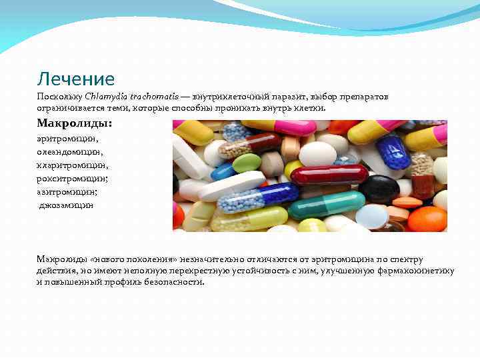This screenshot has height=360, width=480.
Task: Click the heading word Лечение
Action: (x=76, y=79)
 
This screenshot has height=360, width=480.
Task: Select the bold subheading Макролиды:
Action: (x=75, y=124)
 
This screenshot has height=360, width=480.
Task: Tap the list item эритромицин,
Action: (x=67, y=139)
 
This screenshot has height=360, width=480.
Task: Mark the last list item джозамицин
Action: (x=66, y=205)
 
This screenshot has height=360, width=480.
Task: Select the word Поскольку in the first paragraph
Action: (x=59, y=97)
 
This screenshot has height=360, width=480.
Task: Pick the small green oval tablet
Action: (x=246, y=162)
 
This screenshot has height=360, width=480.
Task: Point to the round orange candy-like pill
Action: (x=427, y=219)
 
